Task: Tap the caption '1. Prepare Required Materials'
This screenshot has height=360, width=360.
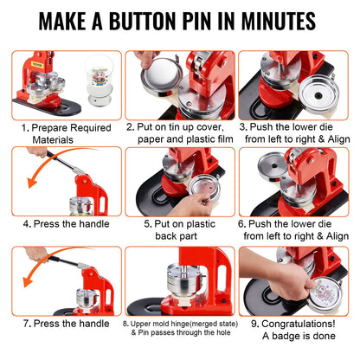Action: [61, 132]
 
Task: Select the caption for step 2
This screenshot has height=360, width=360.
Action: [180, 132]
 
